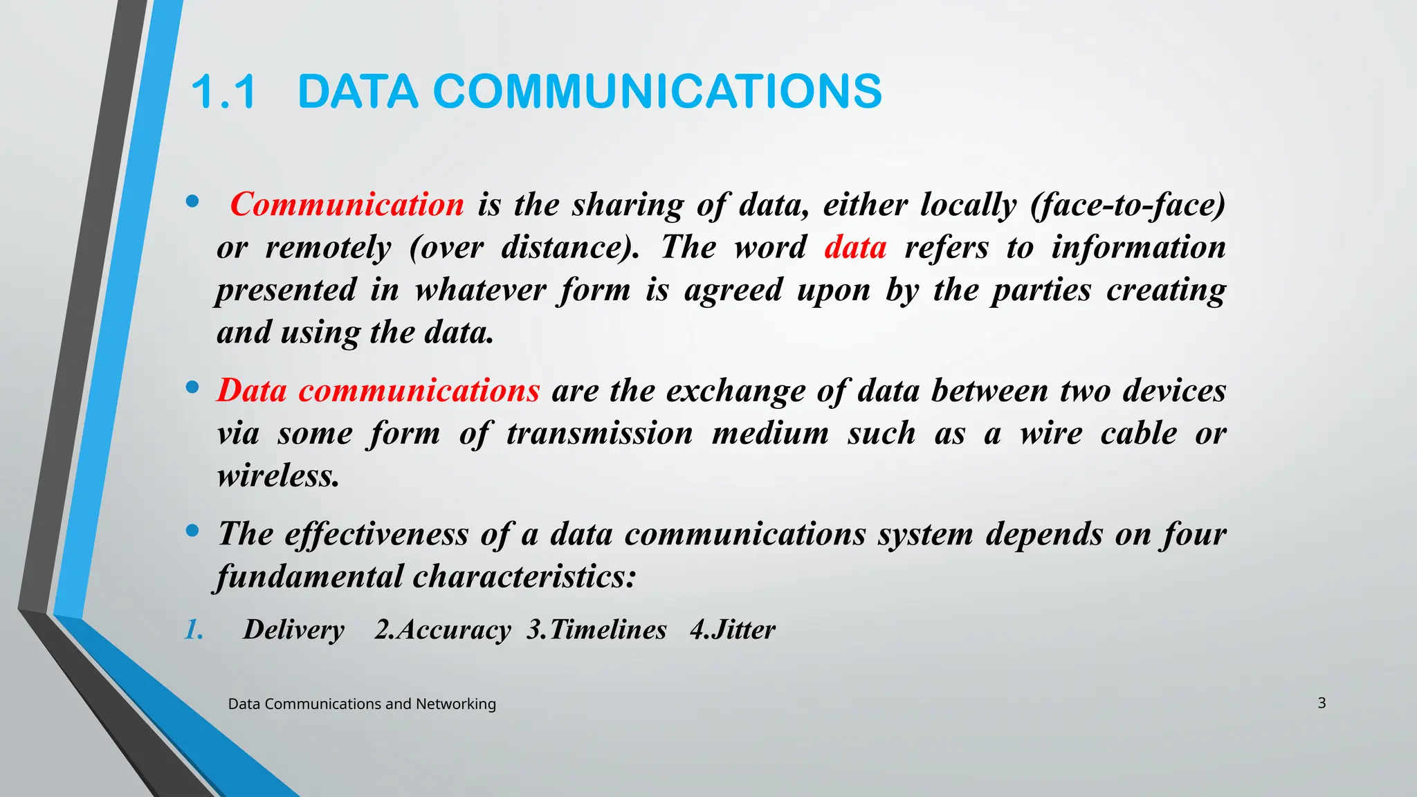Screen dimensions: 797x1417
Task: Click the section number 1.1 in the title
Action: click(223, 92)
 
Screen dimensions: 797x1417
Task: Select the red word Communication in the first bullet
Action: click(347, 205)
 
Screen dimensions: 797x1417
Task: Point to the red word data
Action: click(855, 248)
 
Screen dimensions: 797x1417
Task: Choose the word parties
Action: click(1041, 290)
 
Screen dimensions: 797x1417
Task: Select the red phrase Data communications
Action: click(378, 391)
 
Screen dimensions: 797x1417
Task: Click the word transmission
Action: click(599, 434)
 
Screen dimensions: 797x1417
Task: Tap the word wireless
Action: click(278, 476)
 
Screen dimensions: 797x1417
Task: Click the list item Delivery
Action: click(293, 630)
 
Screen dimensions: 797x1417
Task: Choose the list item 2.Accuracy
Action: click(443, 630)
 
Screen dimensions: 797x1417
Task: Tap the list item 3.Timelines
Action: click(596, 630)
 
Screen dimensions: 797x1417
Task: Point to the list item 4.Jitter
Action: click(733, 630)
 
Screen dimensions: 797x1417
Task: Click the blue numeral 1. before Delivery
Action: click(194, 630)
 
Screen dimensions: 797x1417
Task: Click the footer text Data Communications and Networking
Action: click(362, 704)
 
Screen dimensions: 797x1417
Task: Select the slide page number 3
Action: click(1322, 703)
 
